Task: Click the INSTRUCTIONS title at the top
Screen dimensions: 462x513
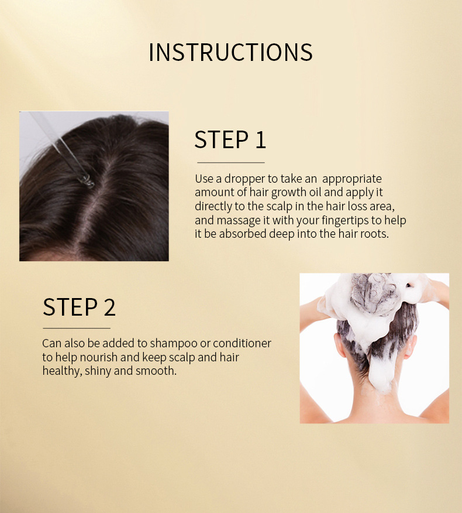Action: pos(230,52)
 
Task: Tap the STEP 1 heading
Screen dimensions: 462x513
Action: pos(230,140)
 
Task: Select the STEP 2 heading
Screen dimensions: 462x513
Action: pos(79,307)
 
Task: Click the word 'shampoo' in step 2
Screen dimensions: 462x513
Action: pos(174,344)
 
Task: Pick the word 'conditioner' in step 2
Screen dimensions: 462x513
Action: pos(242,343)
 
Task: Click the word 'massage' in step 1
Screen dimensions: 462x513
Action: pos(239,221)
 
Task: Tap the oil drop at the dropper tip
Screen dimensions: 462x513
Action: pos(87,182)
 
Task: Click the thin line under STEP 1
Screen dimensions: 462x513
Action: pos(230,162)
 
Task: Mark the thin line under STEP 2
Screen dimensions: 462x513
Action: pos(77,328)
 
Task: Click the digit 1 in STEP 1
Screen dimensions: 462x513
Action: pos(260,140)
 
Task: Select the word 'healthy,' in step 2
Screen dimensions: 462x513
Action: pos(62,371)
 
